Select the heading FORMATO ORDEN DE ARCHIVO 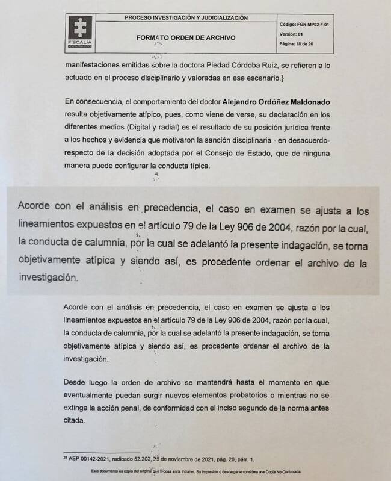point(185,37)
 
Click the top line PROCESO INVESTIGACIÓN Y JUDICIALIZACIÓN point(186,18)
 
